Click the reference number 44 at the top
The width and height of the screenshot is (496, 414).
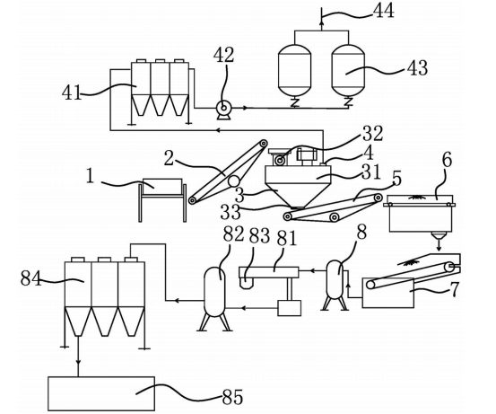pos(384,11)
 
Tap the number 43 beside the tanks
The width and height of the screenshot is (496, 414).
pos(417,67)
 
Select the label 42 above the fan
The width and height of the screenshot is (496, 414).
pos(223,55)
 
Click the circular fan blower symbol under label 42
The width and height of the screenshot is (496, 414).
pos(223,108)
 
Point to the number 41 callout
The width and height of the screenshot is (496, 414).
pos(72,93)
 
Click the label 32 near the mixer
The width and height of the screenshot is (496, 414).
pos(372,133)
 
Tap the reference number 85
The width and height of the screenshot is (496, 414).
pos(232,397)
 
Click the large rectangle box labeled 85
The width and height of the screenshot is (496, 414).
pos(101,393)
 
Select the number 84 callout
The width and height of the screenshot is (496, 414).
pos(31,278)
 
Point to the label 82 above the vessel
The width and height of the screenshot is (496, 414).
pos(234,234)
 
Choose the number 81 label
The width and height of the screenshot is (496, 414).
pos(287,239)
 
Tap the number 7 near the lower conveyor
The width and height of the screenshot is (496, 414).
pos(454,289)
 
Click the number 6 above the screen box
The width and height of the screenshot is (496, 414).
pos(447,160)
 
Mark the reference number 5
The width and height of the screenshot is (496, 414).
pos(396,179)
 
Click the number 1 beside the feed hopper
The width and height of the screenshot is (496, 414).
pos(91,176)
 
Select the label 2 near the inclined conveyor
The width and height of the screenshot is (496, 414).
pos(169,158)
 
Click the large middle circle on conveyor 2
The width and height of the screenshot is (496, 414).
pos(234,181)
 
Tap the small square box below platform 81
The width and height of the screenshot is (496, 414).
pos(289,307)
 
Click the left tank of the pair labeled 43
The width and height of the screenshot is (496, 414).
pos(294,71)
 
